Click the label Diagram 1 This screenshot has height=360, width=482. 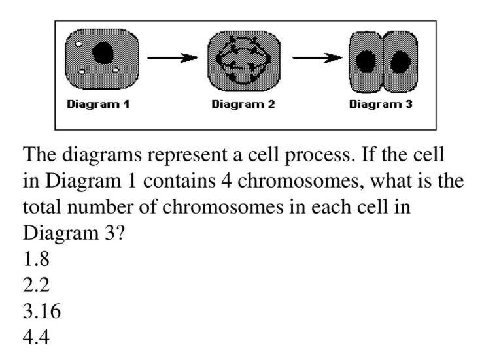point(98,105)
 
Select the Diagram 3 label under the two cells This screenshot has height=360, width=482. point(381,105)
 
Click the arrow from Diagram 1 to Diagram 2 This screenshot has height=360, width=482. point(172,58)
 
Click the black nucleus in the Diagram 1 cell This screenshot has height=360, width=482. point(103,53)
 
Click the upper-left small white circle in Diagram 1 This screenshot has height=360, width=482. point(77,45)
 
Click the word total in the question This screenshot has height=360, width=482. point(43,208)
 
